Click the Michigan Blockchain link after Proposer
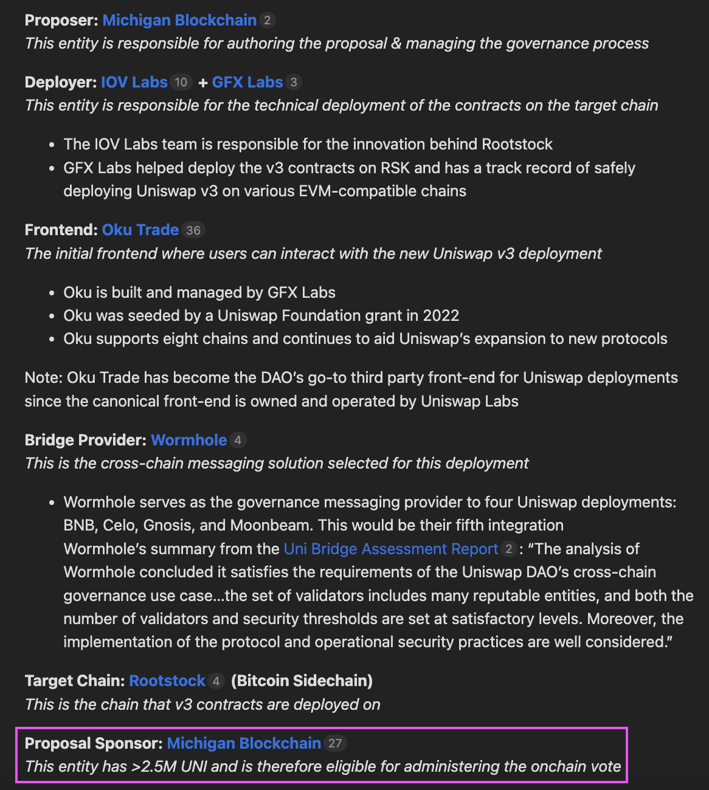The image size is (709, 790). point(179,20)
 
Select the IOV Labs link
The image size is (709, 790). point(134,82)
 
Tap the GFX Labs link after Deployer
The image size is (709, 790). point(247,82)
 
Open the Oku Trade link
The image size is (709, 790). point(140,230)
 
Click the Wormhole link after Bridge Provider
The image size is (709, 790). point(189,440)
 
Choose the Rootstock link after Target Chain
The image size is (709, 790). point(167,681)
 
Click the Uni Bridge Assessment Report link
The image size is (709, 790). point(391,549)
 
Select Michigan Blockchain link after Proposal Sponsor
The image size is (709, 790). point(244,743)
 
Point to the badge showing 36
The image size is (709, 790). point(193,230)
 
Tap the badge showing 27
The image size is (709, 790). point(335,743)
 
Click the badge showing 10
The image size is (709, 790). point(181,82)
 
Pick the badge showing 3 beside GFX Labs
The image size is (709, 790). point(294,82)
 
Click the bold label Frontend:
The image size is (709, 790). point(61,230)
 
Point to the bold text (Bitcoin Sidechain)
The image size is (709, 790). point(302,681)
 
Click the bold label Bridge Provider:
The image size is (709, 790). point(85,440)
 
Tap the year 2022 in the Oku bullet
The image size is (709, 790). point(441,315)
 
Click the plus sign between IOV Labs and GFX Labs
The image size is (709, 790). point(203,83)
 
